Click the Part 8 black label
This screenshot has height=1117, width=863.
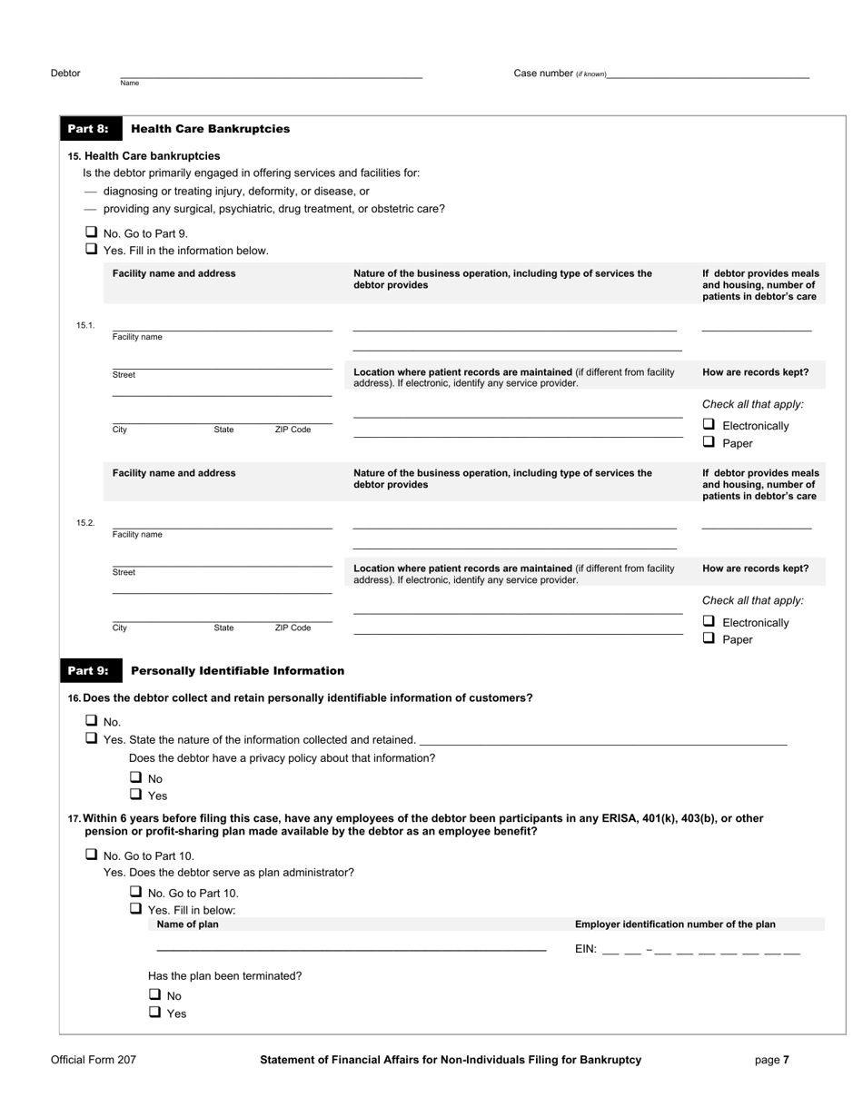point(88,129)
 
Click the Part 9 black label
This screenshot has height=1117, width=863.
point(88,671)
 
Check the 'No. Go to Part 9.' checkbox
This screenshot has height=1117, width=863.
point(91,232)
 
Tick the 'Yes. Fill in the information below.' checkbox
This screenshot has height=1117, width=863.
point(91,249)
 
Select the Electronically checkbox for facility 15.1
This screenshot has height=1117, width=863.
point(709,425)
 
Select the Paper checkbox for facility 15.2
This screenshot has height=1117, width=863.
point(709,638)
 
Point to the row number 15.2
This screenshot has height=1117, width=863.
point(85,523)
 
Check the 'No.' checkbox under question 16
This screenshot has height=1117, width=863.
point(91,721)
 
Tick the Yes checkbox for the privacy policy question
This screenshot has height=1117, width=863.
point(135,795)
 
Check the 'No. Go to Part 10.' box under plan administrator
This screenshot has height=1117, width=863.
point(135,892)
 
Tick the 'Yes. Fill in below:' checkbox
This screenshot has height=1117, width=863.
point(135,909)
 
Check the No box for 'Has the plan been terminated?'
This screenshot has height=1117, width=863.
point(155,995)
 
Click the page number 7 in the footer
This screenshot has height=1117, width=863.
point(786,1060)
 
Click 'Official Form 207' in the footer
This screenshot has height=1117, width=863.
point(94,1060)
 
